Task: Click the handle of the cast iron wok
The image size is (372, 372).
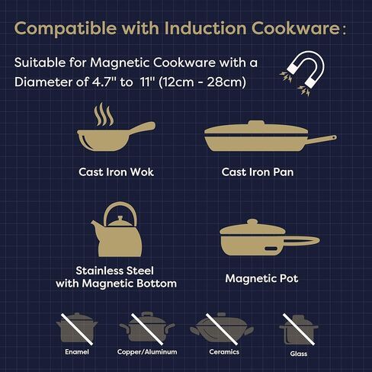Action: point(142,127)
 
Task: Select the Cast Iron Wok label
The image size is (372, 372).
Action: point(117,172)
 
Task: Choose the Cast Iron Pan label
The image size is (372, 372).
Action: point(258,172)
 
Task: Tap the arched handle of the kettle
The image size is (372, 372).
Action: point(117,211)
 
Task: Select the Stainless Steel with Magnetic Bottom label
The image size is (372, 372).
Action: point(116,277)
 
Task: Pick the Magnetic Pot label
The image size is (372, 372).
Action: point(261,278)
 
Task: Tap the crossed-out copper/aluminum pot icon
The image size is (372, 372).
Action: point(146,329)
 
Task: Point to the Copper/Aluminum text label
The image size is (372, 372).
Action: point(146,351)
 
